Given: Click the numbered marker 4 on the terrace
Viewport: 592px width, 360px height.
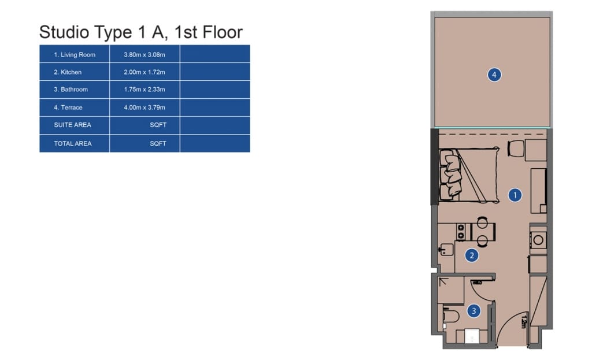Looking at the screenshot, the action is point(494,75).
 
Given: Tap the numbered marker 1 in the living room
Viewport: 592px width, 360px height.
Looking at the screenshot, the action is point(515,195).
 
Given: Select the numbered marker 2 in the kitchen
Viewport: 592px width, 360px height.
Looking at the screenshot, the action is point(472,255).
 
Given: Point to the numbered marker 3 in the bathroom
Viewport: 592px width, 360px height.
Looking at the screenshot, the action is point(474,311).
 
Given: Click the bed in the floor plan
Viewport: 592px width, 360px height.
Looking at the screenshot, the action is point(469,175).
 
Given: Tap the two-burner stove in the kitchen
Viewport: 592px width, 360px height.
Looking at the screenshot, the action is point(461,232).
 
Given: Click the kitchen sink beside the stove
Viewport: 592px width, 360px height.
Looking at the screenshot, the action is point(446,249).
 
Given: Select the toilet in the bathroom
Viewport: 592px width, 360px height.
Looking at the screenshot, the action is point(450,316).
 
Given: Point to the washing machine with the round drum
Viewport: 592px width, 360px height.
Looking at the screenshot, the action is point(538,240).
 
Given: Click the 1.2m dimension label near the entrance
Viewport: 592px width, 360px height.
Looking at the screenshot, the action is point(524,321).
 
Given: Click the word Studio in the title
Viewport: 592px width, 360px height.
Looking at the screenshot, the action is point(64,32).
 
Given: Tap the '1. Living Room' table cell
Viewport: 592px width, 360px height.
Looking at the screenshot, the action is point(75,55).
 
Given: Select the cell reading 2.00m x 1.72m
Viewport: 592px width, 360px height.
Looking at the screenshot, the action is point(144,72).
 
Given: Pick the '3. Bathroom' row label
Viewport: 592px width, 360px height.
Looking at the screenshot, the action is point(71,90).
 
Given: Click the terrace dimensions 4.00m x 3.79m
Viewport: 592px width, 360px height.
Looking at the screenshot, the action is point(144,107).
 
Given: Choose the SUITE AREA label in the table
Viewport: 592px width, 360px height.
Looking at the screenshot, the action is point(72,125).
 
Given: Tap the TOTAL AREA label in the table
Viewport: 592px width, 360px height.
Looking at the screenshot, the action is point(73,143).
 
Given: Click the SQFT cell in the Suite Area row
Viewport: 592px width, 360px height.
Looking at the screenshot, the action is point(158,125).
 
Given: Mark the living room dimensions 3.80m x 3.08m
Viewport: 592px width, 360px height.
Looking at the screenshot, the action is point(144,55).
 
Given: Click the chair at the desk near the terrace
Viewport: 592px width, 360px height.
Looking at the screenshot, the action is point(516,149).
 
